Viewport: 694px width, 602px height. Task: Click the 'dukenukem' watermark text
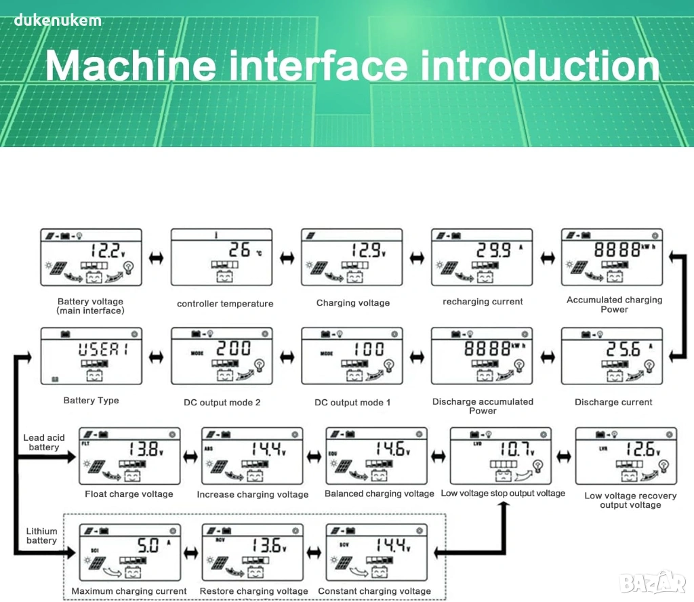(x=58, y=20)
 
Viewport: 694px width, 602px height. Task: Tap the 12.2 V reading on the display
(x=106, y=251)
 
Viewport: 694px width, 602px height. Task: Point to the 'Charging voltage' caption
(x=353, y=303)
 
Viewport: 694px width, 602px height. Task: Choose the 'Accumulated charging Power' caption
(x=614, y=304)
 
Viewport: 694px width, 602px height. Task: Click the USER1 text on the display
(x=102, y=349)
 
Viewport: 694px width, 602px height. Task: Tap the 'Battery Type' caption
(x=91, y=401)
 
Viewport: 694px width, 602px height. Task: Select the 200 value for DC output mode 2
(x=233, y=348)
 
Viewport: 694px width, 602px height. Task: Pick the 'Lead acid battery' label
(x=43, y=443)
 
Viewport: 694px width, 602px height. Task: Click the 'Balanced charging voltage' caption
(x=379, y=494)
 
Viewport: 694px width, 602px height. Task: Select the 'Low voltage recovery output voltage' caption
(x=630, y=500)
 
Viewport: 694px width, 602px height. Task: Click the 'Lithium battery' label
(x=41, y=536)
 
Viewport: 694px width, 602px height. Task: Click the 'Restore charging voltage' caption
(x=253, y=591)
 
